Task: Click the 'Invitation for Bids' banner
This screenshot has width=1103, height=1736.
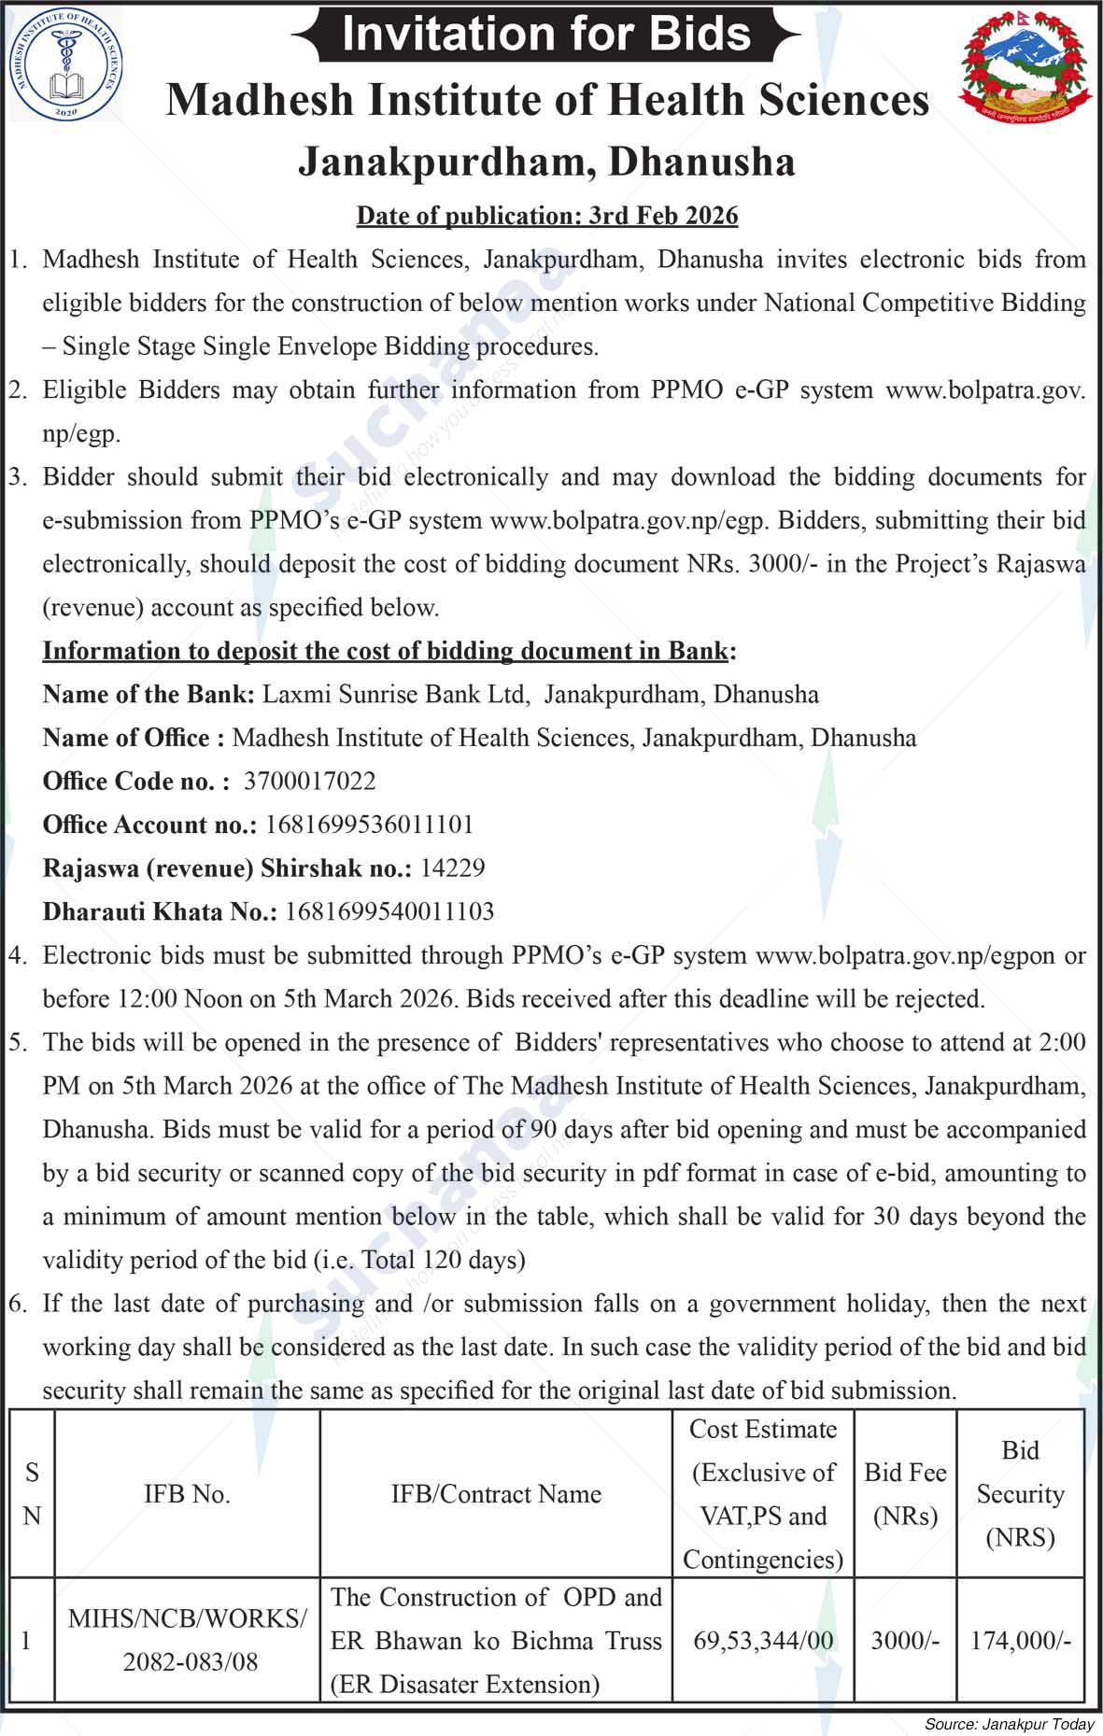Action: pyautogui.click(x=546, y=35)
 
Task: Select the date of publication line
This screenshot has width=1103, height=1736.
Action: pyautogui.click(x=546, y=216)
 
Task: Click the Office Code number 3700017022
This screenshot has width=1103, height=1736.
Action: pyautogui.click(x=309, y=781)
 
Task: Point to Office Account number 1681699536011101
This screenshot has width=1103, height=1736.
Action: pyautogui.click(x=370, y=825)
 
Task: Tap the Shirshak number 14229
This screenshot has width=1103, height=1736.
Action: pyautogui.click(x=452, y=868)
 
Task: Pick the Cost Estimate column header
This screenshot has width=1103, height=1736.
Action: pyautogui.click(x=763, y=1494)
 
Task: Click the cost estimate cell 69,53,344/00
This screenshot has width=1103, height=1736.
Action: pyautogui.click(x=763, y=1641)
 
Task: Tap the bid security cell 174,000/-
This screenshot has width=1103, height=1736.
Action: pyautogui.click(x=1020, y=1641)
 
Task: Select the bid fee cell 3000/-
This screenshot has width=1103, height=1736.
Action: pyautogui.click(x=905, y=1641)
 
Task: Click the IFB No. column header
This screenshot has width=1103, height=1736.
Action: pyautogui.click(x=187, y=1494)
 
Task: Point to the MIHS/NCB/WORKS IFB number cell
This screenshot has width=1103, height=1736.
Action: pyautogui.click(x=187, y=1641)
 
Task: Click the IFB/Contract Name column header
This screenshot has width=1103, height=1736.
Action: pyautogui.click(x=496, y=1494)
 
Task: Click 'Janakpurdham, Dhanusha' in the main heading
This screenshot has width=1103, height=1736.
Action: pyautogui.click(x=546, y=162)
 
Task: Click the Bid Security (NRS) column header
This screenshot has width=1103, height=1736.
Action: pyautogui.click(x=1020, y=1494)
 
